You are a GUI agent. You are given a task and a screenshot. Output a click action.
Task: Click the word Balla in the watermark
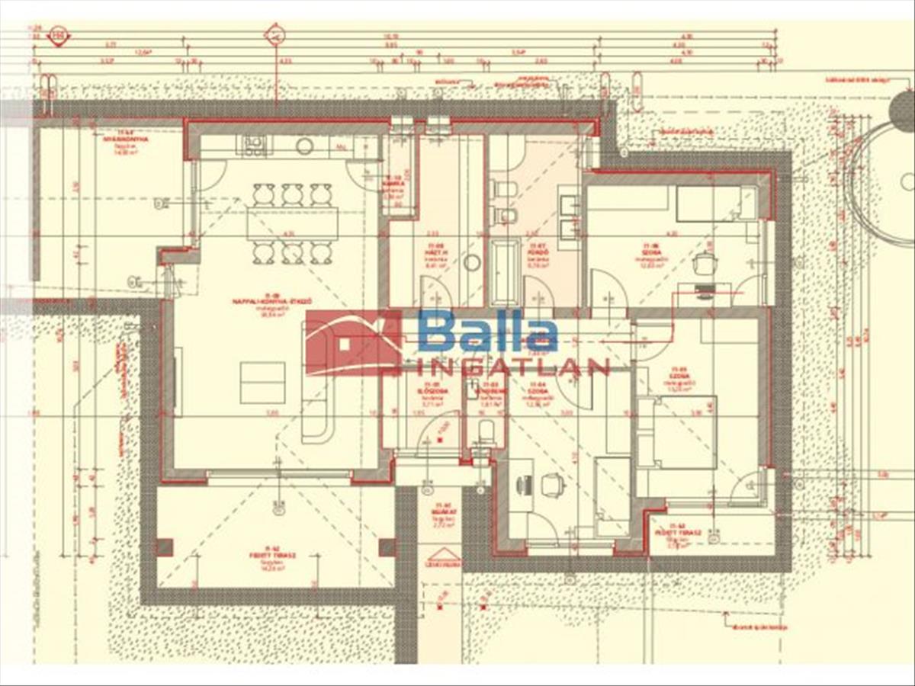(488, 332)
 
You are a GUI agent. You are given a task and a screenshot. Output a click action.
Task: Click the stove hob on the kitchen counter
(254, 145)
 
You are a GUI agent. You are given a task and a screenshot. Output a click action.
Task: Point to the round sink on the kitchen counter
(305, 146)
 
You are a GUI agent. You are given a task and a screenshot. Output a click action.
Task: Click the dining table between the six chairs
(292, 223)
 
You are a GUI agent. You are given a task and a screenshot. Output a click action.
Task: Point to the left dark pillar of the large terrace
(164, 547)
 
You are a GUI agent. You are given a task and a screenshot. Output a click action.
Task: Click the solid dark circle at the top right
(904, 111)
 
